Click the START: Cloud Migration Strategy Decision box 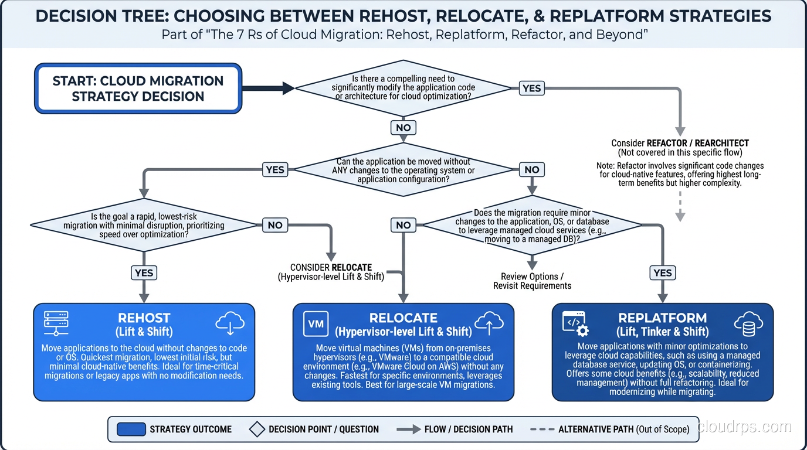138,88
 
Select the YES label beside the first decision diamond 531,88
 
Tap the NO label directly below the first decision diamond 403,128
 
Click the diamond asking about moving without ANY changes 403,170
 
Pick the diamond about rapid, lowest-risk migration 144,225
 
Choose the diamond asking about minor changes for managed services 532,226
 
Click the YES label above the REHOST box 144,272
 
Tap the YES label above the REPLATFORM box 663,272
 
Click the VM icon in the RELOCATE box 316,324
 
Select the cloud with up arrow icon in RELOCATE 489,323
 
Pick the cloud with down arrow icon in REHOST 230,323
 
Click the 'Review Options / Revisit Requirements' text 532,281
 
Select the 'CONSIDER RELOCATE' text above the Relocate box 331,267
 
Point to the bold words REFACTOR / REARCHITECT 697,143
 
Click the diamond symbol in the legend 257,429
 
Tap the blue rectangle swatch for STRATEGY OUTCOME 131,429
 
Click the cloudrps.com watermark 744,427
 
